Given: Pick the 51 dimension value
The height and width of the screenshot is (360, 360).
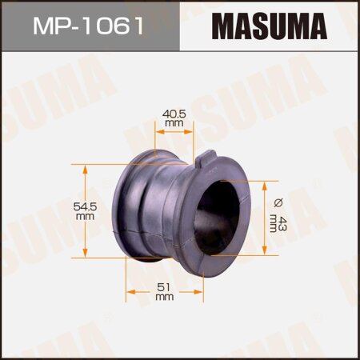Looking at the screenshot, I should [x=164, y=287].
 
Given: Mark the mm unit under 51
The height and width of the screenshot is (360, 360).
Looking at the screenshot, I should [x=164, y=298].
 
